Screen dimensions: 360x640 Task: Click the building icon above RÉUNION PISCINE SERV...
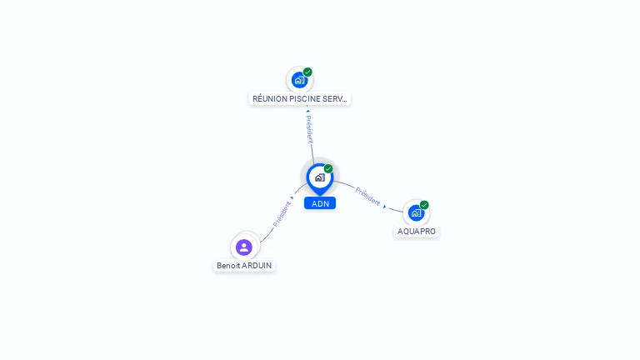pyautogui.click(x=299, y=80)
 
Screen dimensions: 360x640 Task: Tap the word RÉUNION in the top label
pyautogui.click(x=271, y=99)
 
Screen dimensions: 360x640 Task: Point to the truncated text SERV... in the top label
pyautogui.click(x=334, y=99)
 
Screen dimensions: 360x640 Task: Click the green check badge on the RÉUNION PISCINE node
pyautogui.click(x=307, y=72)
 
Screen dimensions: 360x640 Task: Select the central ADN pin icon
pyautogui.click(x=319, y=177)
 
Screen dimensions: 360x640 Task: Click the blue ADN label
pyautogui.click(x=320, y=203)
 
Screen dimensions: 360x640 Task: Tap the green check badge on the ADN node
pyautogui.click(x=328, y=169)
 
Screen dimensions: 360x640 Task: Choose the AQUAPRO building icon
pyautogui.click(x=416, y=212)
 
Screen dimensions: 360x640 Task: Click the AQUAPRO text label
pyautogui.click(x=417, y=232)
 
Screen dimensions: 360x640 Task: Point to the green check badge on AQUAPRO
pyautogui.click(x=424, y=205)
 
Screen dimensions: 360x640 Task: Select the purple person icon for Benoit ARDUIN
pyautogui.click(x=244, y=247)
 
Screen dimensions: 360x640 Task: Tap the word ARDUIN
pyautogui.click(x=257, y=266)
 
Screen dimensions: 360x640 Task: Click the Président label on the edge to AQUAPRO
pyautogui.click(x=367, y=196)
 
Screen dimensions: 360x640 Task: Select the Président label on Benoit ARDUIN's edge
pyautogui.click(x=282, y=214)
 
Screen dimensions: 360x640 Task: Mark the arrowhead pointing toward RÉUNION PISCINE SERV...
pyautogui.click(x=307, y=109)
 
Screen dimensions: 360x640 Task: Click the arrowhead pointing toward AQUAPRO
pyautogui.click(x=385, y=206)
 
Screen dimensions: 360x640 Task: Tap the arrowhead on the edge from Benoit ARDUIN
pyautogui.click(x=292, y=198)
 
